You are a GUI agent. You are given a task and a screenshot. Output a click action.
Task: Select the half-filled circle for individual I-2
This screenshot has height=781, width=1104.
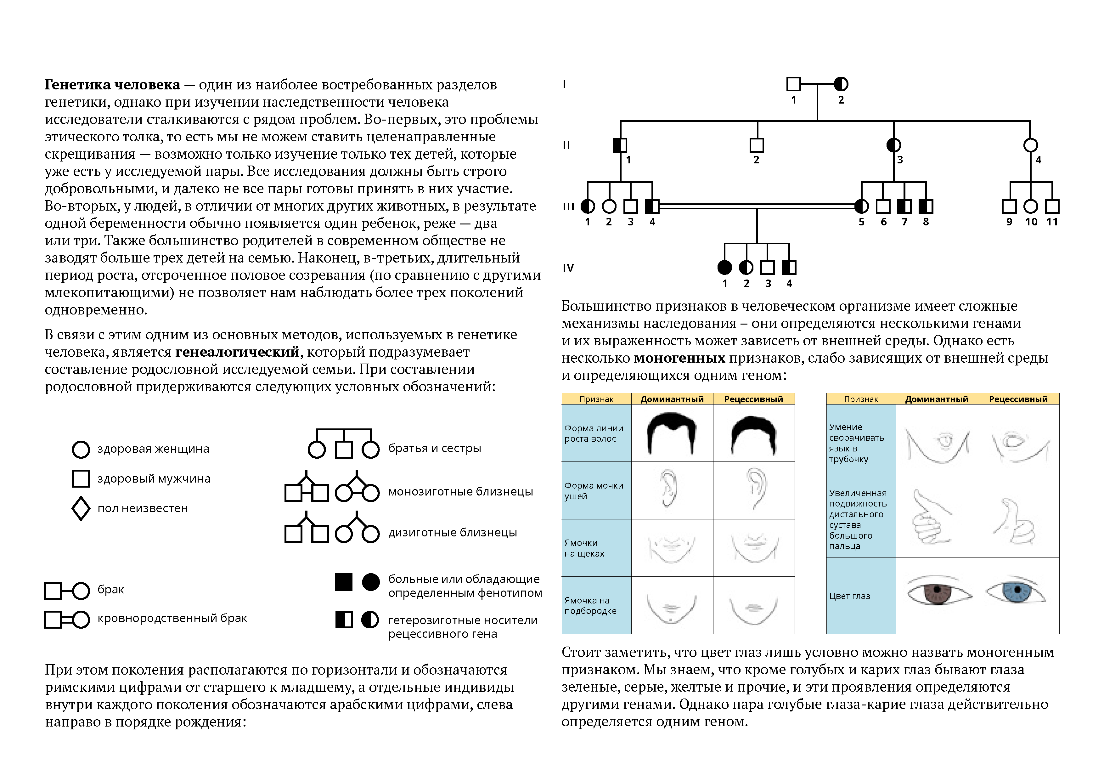click(x=841, y=84)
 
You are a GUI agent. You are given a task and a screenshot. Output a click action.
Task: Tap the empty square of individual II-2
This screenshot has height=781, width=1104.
click(x=757, y=145)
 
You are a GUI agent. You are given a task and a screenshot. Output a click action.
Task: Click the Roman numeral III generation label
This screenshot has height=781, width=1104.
click(x=568, y=207)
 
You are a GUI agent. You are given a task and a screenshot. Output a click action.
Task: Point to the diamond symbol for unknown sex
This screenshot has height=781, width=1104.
click(x=81, y=508)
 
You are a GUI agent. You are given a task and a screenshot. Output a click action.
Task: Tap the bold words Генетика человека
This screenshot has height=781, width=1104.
click(x=113, y=85)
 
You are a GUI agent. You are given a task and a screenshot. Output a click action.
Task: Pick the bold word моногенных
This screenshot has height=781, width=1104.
click(x=679, y=358)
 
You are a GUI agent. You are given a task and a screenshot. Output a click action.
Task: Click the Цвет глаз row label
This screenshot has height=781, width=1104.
click(x=850, y=596)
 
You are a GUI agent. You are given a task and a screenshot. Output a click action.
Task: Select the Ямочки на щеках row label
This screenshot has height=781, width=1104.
click(x=584, y=548)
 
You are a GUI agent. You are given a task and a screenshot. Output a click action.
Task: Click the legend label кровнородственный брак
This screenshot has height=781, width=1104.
click(x=172, y=618)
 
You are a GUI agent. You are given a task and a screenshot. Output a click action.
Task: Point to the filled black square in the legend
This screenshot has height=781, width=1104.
click(x=343, y=582)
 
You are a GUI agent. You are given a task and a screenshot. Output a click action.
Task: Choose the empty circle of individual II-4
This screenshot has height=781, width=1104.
click(x=1030, y=145)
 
